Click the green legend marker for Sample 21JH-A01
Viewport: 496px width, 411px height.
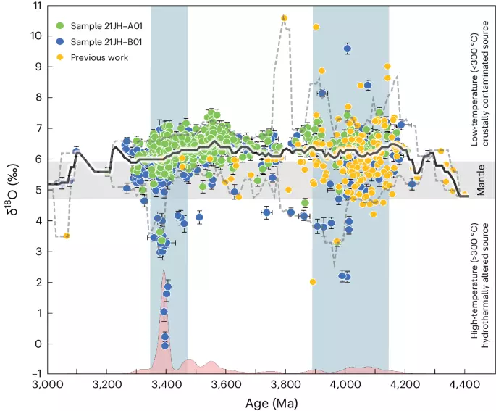click(x=61, y=27)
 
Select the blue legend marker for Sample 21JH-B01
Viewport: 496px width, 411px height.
click(x=61, y=42)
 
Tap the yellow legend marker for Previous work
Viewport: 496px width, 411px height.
click(x=61, y=57)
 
